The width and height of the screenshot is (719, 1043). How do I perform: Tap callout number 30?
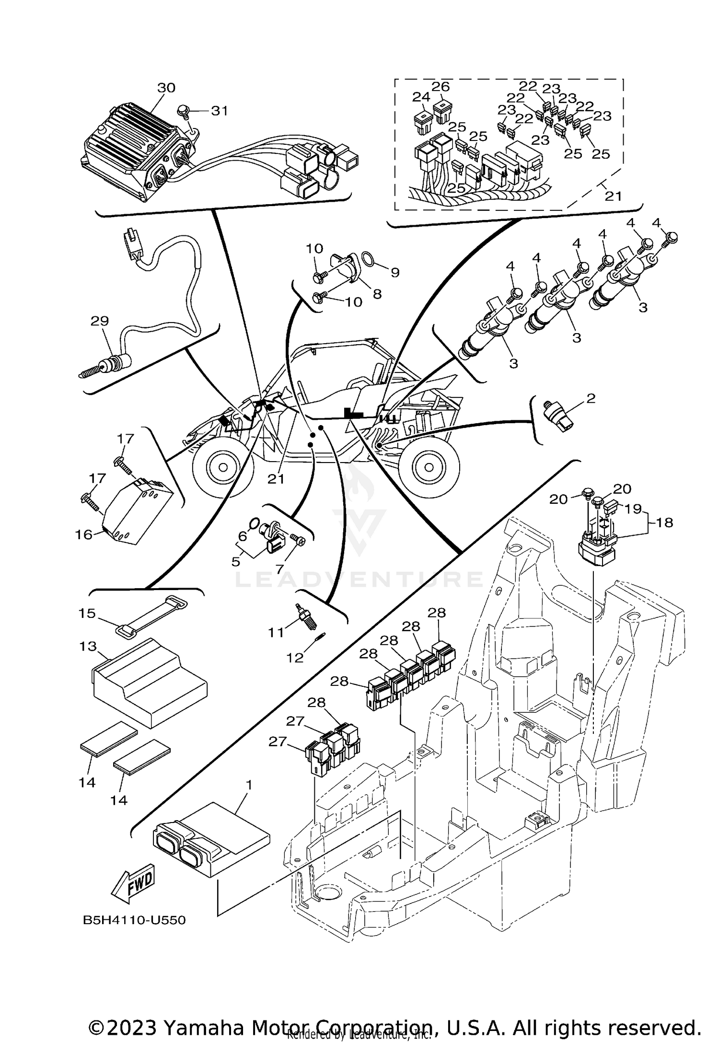(x=166, y=88)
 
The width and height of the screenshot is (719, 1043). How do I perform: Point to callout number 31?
(x=220, y=111)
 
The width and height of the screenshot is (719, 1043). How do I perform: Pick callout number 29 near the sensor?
(x=100, y=321)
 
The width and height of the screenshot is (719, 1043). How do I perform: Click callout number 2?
(x=591, y=398)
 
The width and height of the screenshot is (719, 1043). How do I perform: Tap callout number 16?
(x=84, y=534)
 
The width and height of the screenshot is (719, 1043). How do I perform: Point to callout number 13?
(x=88, y=646)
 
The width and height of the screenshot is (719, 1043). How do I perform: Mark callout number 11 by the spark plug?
(x=276, y=632)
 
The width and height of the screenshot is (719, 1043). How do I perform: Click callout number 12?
(x=295, y=658)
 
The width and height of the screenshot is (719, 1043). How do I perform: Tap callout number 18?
(x=665, y=522)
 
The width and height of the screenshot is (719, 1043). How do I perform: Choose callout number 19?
(x=633, y=508)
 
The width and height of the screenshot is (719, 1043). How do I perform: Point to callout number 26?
(x=441, y=87)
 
